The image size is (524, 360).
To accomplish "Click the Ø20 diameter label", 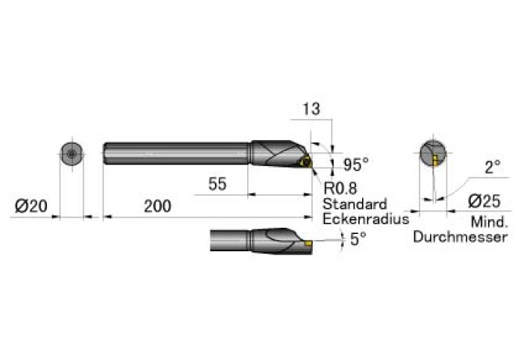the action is pos(31,206).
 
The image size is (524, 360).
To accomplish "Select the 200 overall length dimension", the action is pos(157,206).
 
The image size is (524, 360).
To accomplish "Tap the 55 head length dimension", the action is pos(217,183).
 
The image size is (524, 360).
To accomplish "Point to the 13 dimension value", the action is pos(311,109).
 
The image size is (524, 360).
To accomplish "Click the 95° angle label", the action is pos(356,164).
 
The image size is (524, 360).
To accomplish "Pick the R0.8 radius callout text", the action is pos(340,188).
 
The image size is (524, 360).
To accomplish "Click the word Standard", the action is pos(354,204).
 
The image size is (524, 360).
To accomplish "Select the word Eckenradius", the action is pos(366,219).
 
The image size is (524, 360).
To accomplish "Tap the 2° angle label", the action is pos(493,167).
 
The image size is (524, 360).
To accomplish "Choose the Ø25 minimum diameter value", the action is pos(484,201).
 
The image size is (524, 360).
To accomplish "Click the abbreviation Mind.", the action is pos(490,222).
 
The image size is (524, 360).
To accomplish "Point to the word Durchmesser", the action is pos(461,237).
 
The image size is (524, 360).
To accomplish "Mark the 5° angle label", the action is pos(358,239).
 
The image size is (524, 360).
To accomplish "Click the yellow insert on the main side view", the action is pos(305,163).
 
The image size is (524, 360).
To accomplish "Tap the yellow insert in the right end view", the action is pos(434,160).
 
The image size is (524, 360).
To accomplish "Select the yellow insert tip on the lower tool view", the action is pos(308,243).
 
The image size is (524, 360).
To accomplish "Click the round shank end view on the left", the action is pos(71,154).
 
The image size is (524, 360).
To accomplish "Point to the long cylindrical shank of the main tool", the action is pos(177,153).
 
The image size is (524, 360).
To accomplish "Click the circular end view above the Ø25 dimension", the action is pos(432,153).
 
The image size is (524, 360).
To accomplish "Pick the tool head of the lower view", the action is pos(282,241).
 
